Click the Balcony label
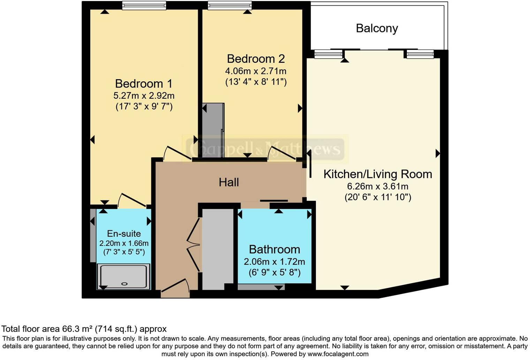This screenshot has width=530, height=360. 377,28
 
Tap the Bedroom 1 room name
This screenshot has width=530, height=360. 144,84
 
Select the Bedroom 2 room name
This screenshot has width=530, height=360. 256,59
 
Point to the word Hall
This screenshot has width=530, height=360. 229,182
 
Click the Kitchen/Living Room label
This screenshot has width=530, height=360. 378,174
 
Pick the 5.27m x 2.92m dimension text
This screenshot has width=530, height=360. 144,96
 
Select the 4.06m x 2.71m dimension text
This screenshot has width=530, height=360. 256,71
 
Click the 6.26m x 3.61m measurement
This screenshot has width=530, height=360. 378,186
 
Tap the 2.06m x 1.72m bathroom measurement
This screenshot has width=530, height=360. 274,262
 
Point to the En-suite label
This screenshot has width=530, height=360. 124,234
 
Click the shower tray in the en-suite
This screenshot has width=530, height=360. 124,276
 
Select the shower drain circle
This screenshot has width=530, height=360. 124,284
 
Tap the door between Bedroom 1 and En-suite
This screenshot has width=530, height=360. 132,200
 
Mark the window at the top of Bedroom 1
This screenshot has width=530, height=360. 144,6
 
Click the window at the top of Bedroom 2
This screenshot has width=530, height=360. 229,6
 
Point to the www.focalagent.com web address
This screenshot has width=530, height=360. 338,354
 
